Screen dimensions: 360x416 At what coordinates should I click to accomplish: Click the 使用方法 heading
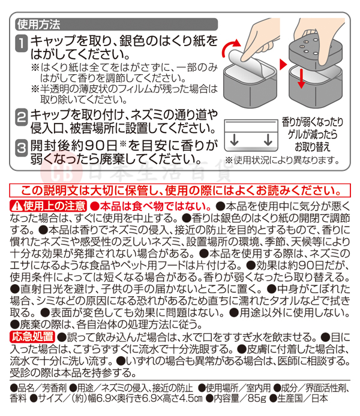pyautogui.click(x=39, y=25)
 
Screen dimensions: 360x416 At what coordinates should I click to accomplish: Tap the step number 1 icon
pyautogui.click(x=21, y=43)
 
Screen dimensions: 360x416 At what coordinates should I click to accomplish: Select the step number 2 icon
pyautogui.click(x=21, y=117)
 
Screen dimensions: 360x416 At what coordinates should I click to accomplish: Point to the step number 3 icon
pyautogui.click(x=21, y=148)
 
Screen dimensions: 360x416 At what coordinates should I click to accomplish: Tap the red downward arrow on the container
pyautogui.click(x=301, y=79)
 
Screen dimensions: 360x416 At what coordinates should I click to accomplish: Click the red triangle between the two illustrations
pyautogui.click(x=283, y=64)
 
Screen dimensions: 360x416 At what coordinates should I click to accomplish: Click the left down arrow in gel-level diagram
pyautogui.click(x=234, y=140)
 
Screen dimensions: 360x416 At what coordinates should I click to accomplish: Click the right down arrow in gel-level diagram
pyautogui.click(x=268, y=140)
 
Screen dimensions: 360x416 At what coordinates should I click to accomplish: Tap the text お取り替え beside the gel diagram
pyautogui.click(x=313, y=147)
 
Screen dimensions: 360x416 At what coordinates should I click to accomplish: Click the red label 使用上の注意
pyautogui.click(x=48, y=206)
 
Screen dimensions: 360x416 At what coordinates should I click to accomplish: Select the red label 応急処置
pyautogui.click(x=32, y=337)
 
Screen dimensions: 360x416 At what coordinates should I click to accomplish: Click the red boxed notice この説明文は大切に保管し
pyautogui.click(x=180, y=190)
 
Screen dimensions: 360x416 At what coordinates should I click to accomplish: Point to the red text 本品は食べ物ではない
pyautogui.click(x=151, y=206)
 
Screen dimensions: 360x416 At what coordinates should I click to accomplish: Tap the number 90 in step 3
pyautogui.click(x=95, y=146)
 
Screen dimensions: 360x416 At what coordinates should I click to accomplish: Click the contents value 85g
pyautogui.click(x=256, y=398)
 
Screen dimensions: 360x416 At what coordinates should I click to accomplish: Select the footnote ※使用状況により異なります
pyautogui.click(x=282, y=160)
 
